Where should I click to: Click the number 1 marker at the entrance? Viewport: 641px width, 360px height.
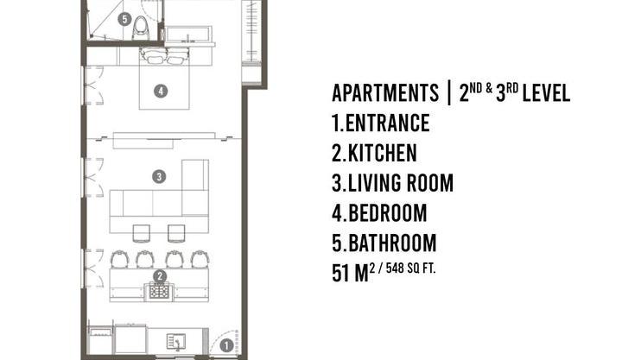click(226, 345)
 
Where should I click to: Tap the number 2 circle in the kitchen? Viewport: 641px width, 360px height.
click(160, 276)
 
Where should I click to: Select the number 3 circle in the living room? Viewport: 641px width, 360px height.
click(159, 177)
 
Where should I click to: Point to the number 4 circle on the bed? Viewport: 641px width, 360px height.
click(161, 91)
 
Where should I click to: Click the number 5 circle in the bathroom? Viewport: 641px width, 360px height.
click(124, 19)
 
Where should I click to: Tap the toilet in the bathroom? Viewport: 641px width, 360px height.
click(141, 28)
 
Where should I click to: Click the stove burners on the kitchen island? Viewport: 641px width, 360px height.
click(160, 291)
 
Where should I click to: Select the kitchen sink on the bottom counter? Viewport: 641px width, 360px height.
click(176, 342)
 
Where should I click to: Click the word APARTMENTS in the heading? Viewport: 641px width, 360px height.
click(385, 92)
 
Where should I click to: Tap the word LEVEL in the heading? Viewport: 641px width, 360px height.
click(546, 92)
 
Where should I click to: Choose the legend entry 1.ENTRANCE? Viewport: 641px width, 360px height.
click(381, 123)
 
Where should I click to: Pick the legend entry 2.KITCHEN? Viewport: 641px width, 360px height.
click(374, 153)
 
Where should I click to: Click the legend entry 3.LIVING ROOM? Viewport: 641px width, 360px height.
click(392, 183)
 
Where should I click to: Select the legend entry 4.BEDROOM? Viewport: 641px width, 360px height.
click(379, 213)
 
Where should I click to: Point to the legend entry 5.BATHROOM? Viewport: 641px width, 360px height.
click(384, 243)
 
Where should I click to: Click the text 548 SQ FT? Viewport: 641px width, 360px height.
click(410, 268)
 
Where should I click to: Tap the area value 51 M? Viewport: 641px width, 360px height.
click(351, 273)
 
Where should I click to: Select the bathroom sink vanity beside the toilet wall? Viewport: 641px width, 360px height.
click(188, 35)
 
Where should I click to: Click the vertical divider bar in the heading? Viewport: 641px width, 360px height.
click(449, 92)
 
